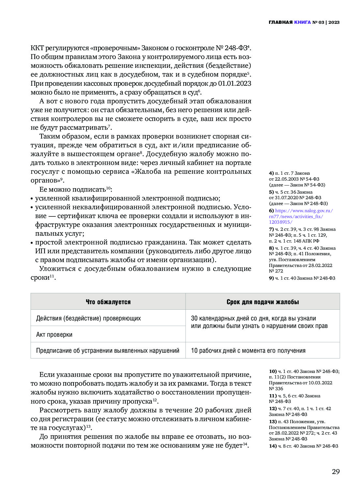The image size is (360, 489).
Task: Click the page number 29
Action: coord(336,471)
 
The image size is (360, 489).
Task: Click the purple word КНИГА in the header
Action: coord(302,22)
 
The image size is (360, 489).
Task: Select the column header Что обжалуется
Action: coord(108,302)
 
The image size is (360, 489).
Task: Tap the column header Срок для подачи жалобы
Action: coord(262,302)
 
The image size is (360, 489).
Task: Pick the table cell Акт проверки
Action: coord(54,334)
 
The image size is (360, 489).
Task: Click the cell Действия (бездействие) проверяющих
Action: coord(88,318)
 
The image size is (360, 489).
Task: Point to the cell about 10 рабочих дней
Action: coord(248,350)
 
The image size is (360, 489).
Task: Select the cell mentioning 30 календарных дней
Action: coord(259,322)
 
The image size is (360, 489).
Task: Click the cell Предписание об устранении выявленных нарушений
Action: coord(108,350)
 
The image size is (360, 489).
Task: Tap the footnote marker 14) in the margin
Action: coord(273,446)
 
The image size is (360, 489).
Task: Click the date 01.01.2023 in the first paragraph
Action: coord(234,83)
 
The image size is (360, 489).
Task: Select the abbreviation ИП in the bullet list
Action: coord(40,251)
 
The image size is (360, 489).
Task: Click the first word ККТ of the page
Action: coord(37,48)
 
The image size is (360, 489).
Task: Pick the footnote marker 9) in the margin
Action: coord(271,278)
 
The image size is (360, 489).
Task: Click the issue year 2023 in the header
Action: coord(334,22)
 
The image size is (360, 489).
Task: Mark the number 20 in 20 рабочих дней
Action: coord(199,410)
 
